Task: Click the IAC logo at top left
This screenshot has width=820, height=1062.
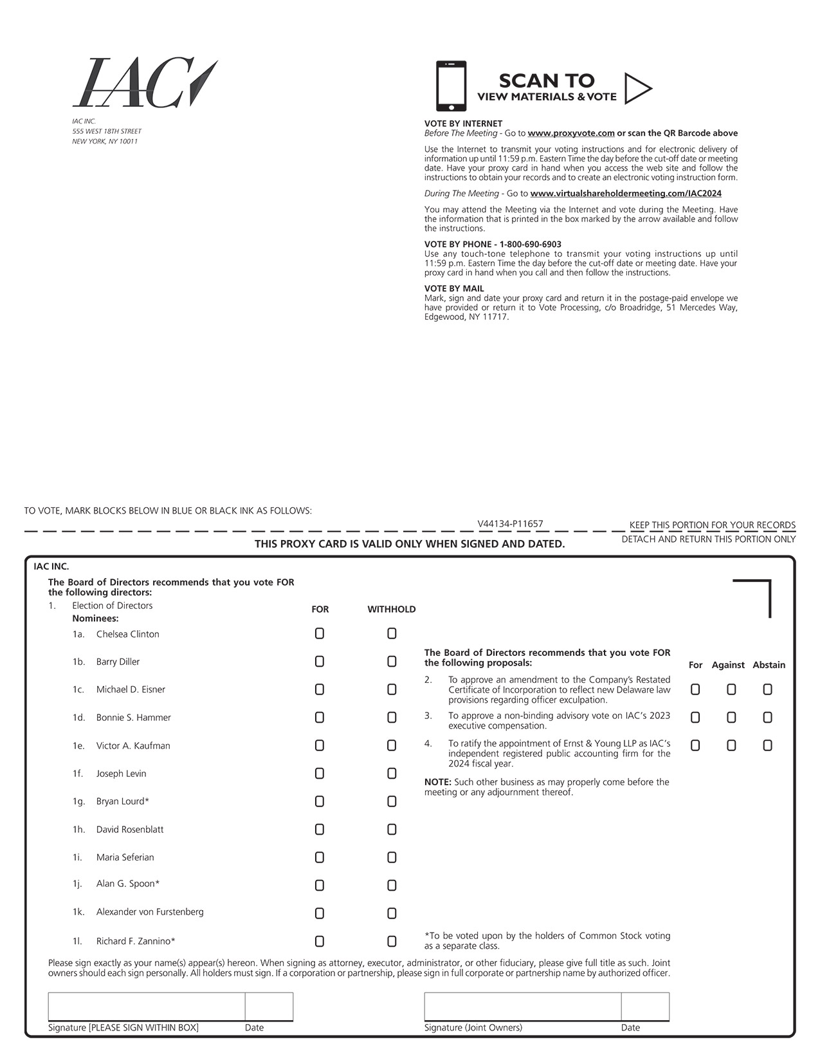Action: point(144,83)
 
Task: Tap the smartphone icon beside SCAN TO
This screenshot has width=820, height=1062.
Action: point(451,86)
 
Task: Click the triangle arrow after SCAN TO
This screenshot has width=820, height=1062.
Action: point(637,89)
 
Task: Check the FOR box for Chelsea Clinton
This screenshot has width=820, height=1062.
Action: point(320,634)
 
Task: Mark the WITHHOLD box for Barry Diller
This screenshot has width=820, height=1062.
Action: point(392,662)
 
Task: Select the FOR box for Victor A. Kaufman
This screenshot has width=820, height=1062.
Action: point(320,745)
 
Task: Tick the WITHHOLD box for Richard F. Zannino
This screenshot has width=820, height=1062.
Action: point(392,941)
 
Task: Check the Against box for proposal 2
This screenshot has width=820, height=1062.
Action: point(731,689)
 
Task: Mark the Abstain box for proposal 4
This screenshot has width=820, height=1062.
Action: point(767,745)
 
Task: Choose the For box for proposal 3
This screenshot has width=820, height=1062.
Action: point(695,717)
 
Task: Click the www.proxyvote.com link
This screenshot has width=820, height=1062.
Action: point(570,133)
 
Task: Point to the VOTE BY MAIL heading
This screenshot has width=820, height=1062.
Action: point(454,288)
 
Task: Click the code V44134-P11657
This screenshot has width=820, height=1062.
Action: point(510,524)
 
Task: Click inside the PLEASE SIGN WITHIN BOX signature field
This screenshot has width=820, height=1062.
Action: point(146,1007)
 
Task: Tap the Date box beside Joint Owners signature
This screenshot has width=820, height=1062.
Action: point(645,1007)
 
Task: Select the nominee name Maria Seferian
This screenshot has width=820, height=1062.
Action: point(125,857)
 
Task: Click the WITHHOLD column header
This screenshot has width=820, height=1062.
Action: point(392,609)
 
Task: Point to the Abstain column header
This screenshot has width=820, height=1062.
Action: point(769,665)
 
